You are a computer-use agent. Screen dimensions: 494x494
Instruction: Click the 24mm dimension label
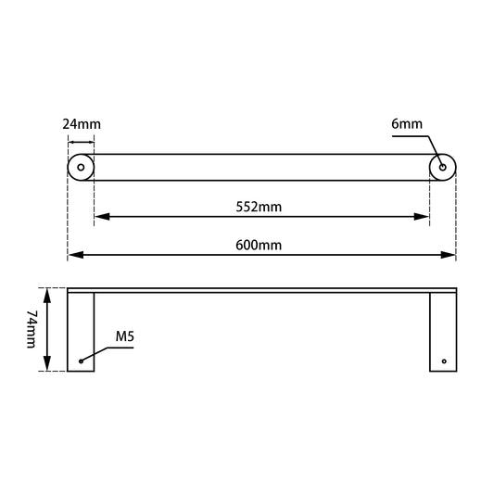point(82,123)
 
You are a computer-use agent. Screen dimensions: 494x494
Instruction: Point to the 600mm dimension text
point(260,245)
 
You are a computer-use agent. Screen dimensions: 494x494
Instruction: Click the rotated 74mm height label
point(30,330)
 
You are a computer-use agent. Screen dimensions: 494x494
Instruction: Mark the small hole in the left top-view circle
point(81,167)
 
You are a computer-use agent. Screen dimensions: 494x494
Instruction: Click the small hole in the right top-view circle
point(442,167)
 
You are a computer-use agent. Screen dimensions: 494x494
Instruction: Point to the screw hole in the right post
point(443,361)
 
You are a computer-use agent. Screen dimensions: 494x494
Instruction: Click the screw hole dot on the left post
point(81,361)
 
